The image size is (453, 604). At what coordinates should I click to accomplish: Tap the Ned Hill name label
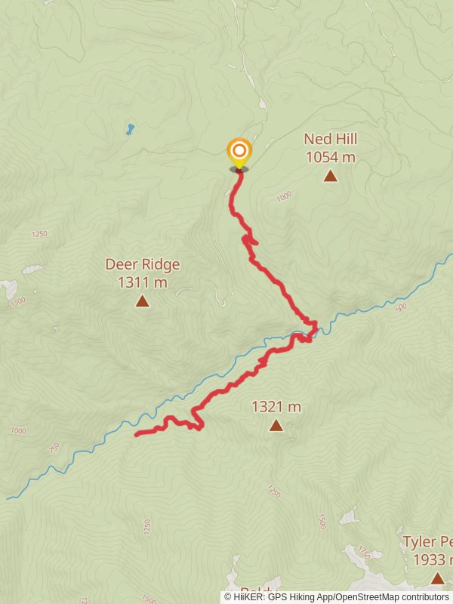[x=330, y=139]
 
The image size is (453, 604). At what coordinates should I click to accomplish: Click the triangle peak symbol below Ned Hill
[x=330, y=176]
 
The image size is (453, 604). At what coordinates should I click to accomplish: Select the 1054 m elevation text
[x=330, y=157]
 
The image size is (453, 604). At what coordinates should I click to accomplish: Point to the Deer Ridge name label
[x=143, y=264]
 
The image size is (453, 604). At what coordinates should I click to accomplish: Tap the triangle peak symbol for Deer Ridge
[x=142, y=302]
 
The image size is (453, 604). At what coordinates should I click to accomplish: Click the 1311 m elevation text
[x=143, y=282]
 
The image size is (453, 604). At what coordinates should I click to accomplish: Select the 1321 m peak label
[x=276, y=407]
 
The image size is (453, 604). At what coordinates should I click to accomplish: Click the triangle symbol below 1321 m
[x=276, y=426]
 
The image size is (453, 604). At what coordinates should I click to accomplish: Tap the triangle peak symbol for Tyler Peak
[x=437, y=578]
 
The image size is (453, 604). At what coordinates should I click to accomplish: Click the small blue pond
[x=130, y=129]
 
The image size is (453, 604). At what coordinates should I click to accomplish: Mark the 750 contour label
[x=53, y=448]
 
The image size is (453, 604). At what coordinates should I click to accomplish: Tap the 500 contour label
[x=400, y=307]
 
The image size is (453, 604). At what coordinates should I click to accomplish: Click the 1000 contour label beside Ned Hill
[x=284, y=196]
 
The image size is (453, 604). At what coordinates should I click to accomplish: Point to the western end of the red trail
[x=136, y=434]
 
